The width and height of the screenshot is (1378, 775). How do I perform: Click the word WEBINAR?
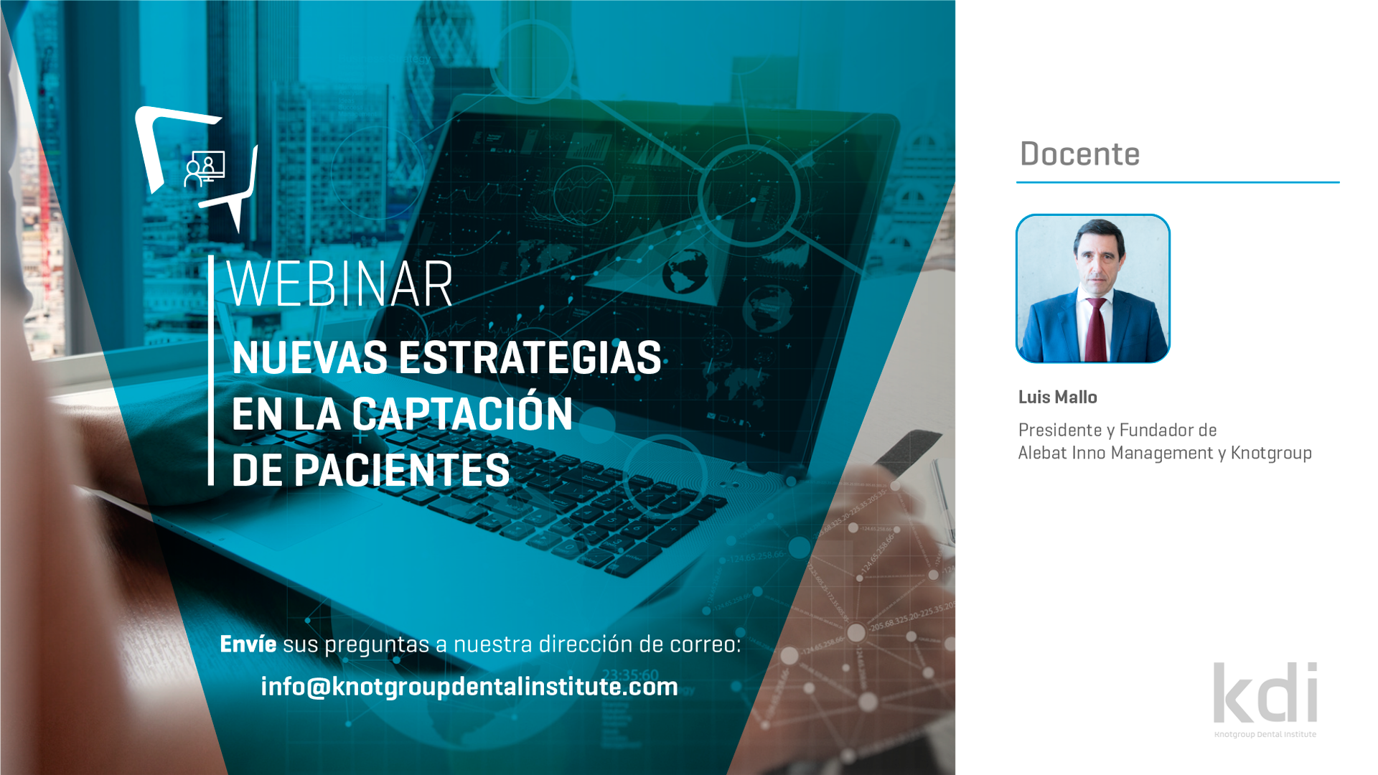[x=339, y=284]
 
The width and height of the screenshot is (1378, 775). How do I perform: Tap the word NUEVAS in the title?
[x=309, y=358]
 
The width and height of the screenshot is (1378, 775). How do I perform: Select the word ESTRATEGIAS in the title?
[x=530, y=358]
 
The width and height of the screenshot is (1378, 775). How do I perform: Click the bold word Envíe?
[x=248, y=644]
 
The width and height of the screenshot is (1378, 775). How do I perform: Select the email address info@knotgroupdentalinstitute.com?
[x=469, y=687]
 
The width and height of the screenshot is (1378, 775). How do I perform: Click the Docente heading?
[x=1079, y=154]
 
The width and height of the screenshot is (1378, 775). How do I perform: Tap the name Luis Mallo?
[x=1057, y=397]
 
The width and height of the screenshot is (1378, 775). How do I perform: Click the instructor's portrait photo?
[x=1093, y=288]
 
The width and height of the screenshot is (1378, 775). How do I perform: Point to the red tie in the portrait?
[x=1097, y=330]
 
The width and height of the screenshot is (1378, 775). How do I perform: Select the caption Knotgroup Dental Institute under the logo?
[x=1265, y=734]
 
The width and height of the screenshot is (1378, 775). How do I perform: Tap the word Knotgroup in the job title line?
[x=1271, y=454]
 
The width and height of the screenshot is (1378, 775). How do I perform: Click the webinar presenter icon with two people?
[x=205, y=169]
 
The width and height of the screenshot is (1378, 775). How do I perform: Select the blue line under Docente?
[x=1178, y=182]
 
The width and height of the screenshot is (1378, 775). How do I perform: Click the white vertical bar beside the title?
[x=211, y=370]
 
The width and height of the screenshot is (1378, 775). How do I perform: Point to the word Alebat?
[x=1042, y=453]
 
